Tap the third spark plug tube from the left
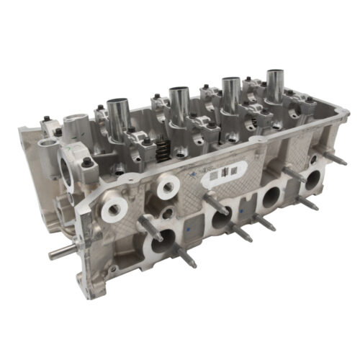[x=230, y=94]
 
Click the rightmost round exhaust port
[x=311, y=179]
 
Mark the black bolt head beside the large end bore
[x=86, y=163]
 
